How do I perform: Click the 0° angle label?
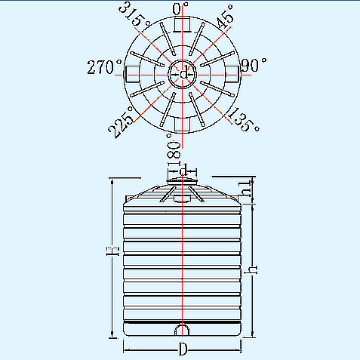click(x=180, y=9)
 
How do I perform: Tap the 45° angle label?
click(x=226, y=17)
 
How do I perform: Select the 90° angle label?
click(x=254, y=66)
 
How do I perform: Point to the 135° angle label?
click(x=244, y=120)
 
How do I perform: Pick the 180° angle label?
click(x=174, y=149)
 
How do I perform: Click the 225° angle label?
click(x=121, y=122)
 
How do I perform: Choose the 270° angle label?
click(x=104, y=67)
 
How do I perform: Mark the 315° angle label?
click(x=134, y=14)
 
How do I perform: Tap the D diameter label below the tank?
click(x=183, y=349)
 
